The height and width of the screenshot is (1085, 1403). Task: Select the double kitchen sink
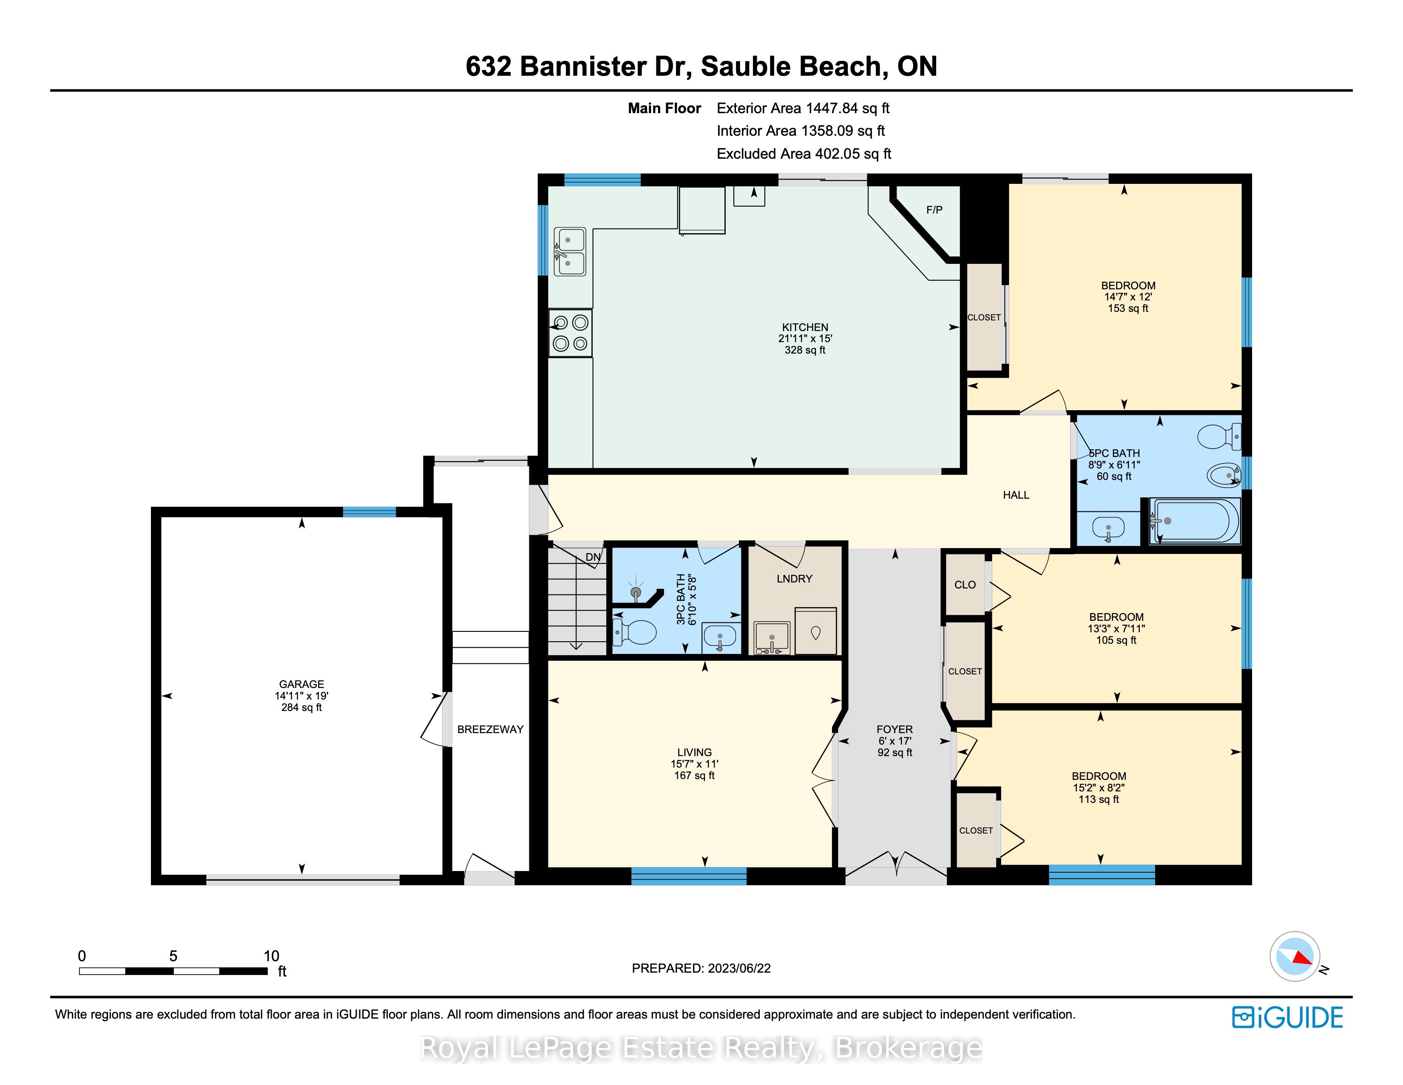pos(570,251)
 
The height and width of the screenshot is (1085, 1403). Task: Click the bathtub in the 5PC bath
pos(1195,521)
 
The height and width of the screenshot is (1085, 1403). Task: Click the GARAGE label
pos(301,684)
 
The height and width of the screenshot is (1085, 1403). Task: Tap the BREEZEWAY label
pos(490,729)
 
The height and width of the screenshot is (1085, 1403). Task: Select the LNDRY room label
pos(794,579)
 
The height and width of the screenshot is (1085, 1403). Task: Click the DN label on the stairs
pos(593,557)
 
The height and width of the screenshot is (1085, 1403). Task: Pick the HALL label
pos(1016,495)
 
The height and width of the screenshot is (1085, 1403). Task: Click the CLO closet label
pos(965,584)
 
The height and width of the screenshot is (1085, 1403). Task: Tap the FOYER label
pos(894,729)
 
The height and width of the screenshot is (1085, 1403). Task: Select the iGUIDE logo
pos(1287,1017)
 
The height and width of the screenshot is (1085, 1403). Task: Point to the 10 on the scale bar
pos(271,956)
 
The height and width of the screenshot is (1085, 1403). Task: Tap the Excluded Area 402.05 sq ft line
pos(804,154)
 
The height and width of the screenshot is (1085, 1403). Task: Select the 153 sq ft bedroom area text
pos(1128,308)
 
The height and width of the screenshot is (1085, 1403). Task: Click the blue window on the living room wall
pos(689,876)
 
